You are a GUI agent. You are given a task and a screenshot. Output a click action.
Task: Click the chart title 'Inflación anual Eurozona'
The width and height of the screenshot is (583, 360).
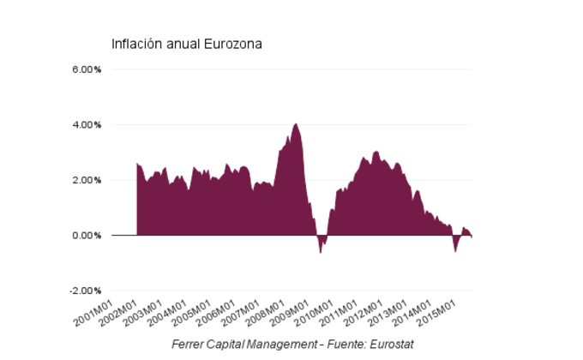pyautogui.click(x=186, y=44)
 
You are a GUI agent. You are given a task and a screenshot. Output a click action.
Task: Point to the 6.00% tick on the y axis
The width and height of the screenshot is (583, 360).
pyautogui.click(x=86, y=69)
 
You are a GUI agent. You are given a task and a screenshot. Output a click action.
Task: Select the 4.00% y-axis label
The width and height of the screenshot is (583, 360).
pyautogui.click(x=86, y=125)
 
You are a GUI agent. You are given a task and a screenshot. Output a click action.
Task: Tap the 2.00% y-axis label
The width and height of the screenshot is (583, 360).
pyautogui.click(x=86, y=180)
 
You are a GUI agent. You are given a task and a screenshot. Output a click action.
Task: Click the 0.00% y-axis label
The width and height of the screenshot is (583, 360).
pyautogui.click(x=86, y=235)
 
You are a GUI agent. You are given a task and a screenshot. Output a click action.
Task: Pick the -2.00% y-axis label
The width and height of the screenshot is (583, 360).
pyautogui.click(x=84, y=291)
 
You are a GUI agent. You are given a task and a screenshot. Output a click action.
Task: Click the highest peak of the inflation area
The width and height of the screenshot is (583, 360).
pyautogui.click(x=296, y=124)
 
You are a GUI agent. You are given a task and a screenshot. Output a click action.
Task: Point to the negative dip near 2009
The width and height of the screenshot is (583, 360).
pyautogui.click(x=321, y=251)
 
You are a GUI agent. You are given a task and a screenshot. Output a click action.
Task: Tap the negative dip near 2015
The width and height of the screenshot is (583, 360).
pyautogui.click(x=455, y=250)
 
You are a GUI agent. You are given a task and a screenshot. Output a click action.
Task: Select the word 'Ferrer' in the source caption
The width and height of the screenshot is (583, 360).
pyautogui.click(x=188, y=345)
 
